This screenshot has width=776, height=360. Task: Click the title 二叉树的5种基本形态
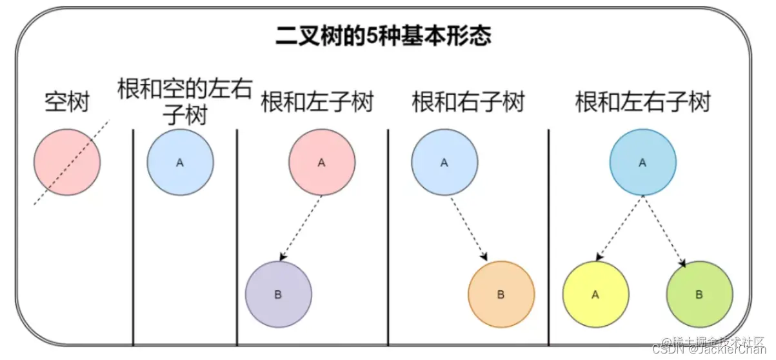[383, 36]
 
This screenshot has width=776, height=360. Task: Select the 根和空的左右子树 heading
[184, 101]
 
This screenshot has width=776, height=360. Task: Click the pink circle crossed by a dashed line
[67, 162]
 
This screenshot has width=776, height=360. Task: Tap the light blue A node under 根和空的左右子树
[180, 162]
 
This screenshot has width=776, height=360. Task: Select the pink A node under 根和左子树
[321, 162]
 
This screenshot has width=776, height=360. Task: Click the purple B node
[278, 294]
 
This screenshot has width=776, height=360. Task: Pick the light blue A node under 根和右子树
[444, 162]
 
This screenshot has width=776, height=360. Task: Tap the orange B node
[501, 294]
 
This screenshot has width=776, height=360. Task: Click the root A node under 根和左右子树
[642, 162]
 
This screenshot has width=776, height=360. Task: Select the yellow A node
[595, 294]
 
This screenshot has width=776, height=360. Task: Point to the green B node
[699, 294]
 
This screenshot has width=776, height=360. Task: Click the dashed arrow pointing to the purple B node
[301, 228]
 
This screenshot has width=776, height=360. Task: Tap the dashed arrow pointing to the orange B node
[470, 228]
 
